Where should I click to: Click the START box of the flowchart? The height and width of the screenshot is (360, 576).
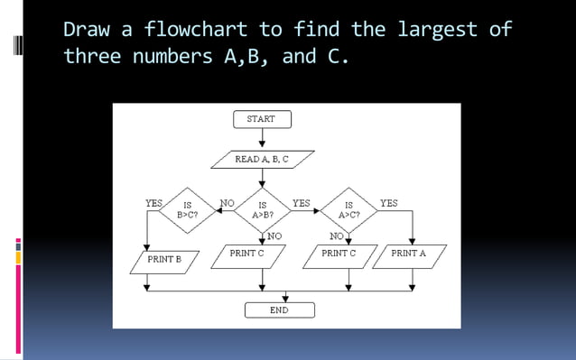coord(261,119)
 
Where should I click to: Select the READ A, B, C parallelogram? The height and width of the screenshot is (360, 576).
coord(262,160)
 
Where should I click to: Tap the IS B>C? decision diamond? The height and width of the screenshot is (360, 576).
coord(187,210)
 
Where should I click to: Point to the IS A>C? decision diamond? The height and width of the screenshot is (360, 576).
coord(349,210)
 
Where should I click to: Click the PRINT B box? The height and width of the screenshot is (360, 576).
coord(165,260)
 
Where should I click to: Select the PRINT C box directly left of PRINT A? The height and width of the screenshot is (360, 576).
coord(339,254)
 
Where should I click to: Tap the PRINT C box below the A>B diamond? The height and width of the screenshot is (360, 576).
coord(247,254)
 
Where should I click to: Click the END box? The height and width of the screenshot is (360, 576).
coord(279,310)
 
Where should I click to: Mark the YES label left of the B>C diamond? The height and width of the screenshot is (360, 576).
coord(154,204)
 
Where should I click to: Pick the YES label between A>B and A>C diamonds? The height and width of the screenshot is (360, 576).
coord(302,204)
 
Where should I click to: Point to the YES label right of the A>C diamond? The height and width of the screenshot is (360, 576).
coord(388,204)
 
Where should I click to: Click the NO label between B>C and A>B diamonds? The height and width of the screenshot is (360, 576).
coord(228,204)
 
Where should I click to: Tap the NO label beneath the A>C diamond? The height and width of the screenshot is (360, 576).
coord(337,236)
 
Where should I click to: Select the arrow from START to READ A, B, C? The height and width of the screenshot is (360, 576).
coord(262,139)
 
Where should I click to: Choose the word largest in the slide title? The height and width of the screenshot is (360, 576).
coord(437,29)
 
